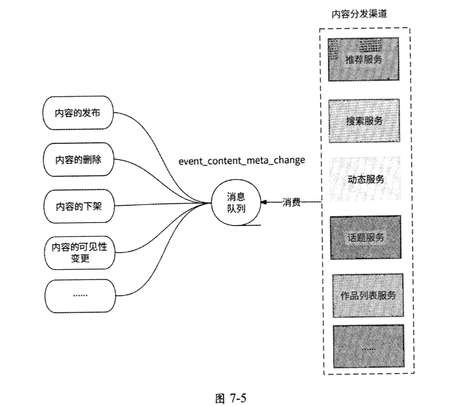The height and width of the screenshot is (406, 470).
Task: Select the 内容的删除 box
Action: (78, 159)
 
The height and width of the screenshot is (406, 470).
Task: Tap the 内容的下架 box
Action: (78, 206)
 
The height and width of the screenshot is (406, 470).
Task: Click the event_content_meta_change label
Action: (241, 161)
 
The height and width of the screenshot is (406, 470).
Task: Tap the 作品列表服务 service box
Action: (367, 295)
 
